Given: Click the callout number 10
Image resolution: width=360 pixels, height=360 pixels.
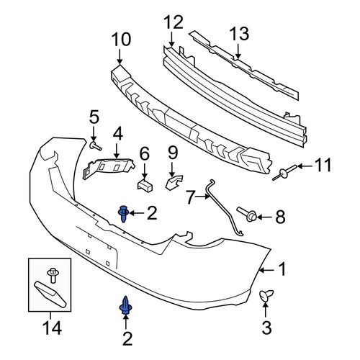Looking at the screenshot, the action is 122,40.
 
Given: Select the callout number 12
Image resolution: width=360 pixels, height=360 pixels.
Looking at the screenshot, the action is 174,22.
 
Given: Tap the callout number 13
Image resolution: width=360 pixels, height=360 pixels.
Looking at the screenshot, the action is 239,34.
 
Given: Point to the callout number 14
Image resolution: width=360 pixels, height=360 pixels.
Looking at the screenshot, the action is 53,328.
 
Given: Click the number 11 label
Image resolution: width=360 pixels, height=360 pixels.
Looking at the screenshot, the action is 323,165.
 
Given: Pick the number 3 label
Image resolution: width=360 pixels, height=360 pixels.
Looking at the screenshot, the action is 266,328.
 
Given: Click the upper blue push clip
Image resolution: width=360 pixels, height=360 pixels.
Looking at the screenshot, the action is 124,214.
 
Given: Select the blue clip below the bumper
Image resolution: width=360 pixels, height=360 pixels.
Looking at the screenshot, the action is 126,305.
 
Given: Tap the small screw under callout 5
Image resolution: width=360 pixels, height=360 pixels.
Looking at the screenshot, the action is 96,145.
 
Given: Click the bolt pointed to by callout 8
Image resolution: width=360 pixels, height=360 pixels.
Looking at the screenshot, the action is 247,213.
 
